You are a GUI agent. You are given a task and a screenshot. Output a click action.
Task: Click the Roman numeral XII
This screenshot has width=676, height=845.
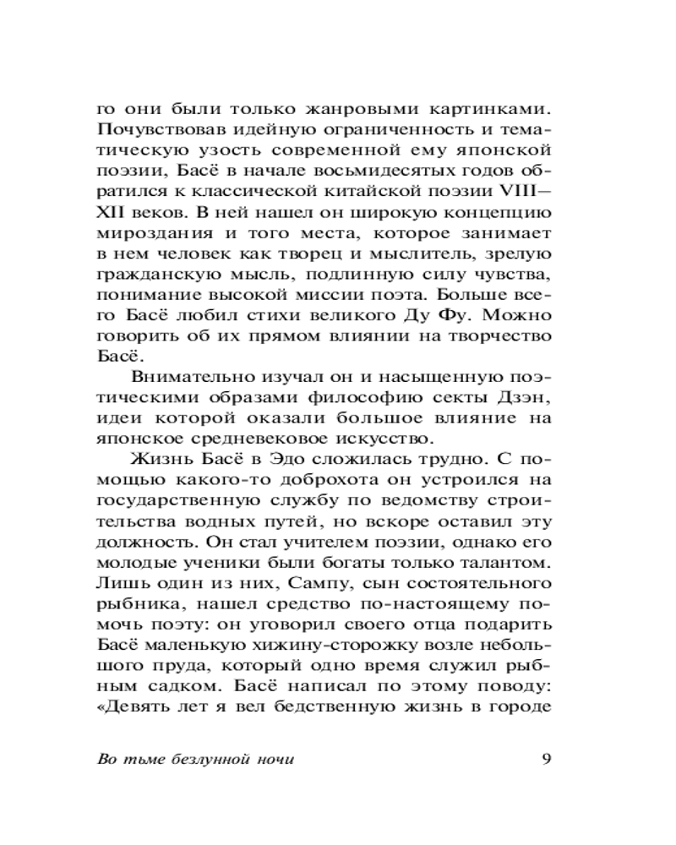click(111, 212)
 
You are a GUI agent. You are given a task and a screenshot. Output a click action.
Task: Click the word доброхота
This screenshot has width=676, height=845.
click(282, 480)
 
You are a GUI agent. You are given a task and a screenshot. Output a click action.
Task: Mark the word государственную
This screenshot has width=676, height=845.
click(172, 500)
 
